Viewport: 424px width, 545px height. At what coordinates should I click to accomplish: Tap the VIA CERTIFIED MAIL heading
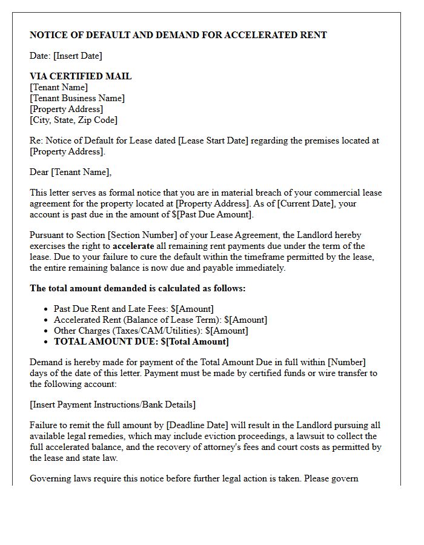(81, 76)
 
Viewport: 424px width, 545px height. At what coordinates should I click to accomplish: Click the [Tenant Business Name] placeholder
(77, 98)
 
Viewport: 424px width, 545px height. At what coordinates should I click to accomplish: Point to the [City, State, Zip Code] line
(73, 120)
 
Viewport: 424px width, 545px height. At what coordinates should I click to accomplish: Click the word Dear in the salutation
(39, 172)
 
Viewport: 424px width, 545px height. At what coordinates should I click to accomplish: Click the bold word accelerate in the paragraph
(133, 246)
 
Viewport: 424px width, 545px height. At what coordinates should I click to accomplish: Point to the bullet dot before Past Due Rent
(47, 309)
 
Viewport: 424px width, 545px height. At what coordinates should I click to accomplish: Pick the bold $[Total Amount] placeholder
(194, 342)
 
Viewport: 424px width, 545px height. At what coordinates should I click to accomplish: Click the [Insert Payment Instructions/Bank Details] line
(113, 405)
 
